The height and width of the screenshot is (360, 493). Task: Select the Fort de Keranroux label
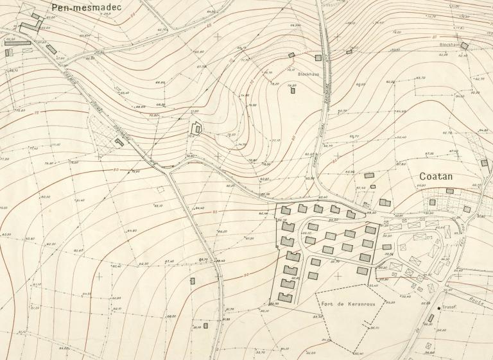(x=345, y=297)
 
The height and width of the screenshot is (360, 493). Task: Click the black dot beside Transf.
(x=440, y=309)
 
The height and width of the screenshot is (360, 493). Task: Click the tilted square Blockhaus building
(x=465, y=46)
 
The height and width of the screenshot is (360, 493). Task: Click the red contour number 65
(x=209, y=25)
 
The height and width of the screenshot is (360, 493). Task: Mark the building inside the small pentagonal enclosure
(x=198, y=129)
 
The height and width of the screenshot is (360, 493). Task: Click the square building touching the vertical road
(x=318, y=58)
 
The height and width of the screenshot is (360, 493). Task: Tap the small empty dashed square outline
(x=161, y=189)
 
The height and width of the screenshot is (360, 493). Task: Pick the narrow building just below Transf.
(x=431, y=318)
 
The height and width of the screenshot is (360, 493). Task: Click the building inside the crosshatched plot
(x=119, y=142)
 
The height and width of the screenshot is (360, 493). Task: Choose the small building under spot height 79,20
(x=293, y=90)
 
